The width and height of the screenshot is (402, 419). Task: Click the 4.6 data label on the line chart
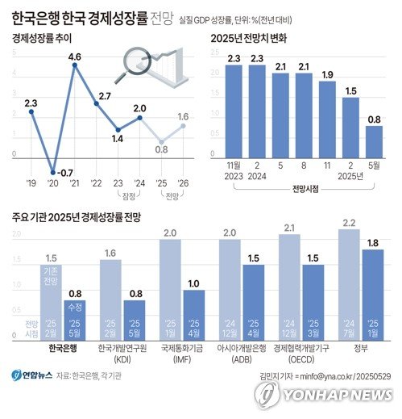(75, 57)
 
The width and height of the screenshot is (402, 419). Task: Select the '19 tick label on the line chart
(31, 183)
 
